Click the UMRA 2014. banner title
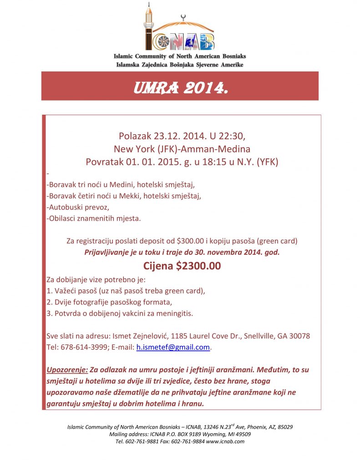pyautogui.click(x=180, y=86)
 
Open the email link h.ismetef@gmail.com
pyautogui.click(x=173, y=347)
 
